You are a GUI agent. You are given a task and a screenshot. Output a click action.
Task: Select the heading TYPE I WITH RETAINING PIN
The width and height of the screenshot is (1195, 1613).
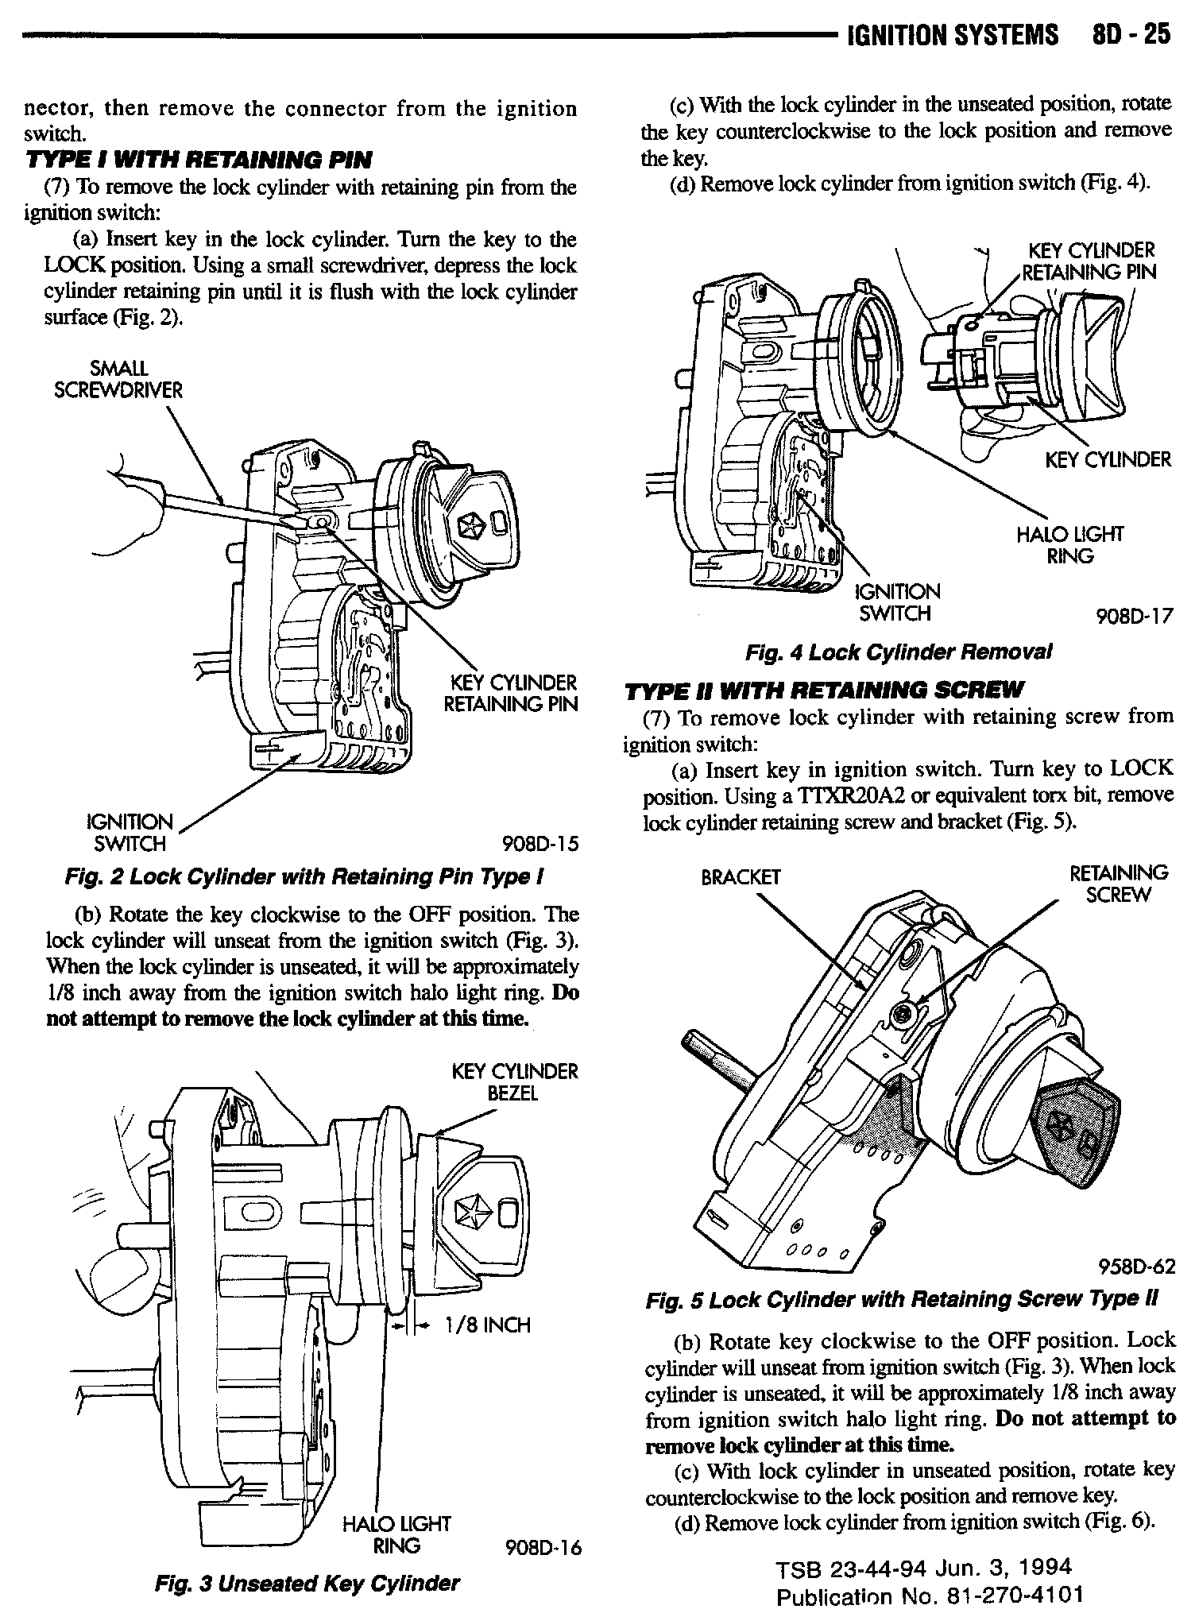(199, 161)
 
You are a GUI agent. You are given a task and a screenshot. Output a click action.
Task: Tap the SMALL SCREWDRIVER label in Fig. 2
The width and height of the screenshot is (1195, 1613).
(118, 380)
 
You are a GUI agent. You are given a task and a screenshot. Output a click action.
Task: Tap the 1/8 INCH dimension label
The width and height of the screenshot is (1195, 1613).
(487, 1325)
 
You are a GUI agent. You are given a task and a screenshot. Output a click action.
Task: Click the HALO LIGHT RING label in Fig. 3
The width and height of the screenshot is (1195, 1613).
(396, 1534)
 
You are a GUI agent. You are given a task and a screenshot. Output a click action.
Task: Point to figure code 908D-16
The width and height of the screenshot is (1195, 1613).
(543, 1547)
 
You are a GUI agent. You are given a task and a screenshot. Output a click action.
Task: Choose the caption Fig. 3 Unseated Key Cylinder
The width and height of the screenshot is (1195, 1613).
(307, 1583)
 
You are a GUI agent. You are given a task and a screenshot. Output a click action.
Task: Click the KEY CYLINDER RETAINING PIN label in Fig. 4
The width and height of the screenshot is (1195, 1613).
(1089, 261)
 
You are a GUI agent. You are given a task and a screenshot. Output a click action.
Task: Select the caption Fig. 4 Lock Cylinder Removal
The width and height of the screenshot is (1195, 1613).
(899, 652)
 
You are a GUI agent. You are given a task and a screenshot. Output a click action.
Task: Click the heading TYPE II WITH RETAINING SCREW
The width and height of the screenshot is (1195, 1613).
(825, 689)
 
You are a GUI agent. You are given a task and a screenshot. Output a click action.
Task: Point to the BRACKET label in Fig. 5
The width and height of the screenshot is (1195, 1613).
(740, 877)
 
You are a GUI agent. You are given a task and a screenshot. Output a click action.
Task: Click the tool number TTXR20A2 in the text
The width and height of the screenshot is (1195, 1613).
(854, 796)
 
